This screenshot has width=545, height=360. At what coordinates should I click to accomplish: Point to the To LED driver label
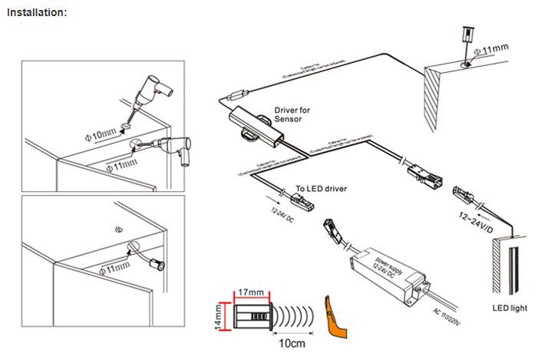(322, 188)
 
